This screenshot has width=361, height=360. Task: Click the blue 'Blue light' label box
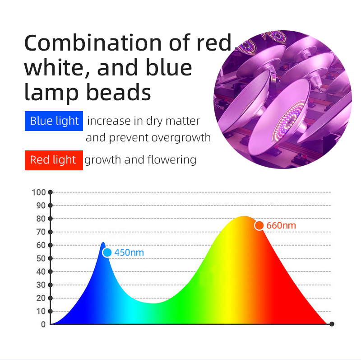click(54, 121)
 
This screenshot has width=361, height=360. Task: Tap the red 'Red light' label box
click(54, 160)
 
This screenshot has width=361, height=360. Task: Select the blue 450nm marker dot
click(107, 252)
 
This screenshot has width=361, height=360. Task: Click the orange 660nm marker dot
click(259, 225)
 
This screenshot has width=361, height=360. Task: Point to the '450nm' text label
click(129, 252)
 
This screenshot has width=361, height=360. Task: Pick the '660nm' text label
click(281, 225)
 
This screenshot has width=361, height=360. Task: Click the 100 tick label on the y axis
click(39, 192)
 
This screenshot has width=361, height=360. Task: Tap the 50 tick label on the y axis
click(41, 258)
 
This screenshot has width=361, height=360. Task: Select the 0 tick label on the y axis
click(43, 324)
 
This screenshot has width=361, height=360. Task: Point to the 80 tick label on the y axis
click(41, 219)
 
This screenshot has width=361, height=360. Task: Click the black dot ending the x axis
click(332, 324)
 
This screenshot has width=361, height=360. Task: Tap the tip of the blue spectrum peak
click(103, 243)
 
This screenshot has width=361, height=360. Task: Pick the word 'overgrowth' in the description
click(181, 138)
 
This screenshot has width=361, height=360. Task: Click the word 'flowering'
click(172, 160)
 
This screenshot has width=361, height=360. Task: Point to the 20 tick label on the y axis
click(41, 298)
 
